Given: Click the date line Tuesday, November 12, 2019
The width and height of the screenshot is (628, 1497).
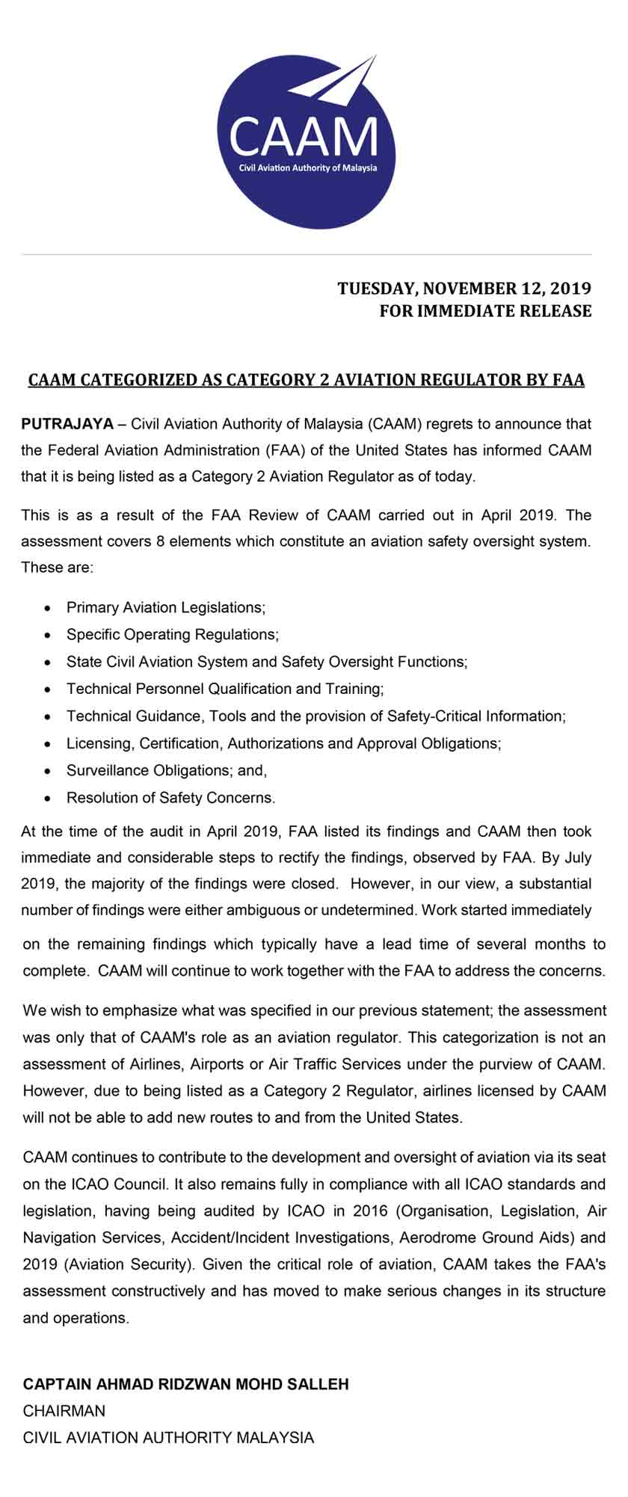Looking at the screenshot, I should [464, 288].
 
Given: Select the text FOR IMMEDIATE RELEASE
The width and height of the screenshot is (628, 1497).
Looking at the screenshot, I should [485, 311].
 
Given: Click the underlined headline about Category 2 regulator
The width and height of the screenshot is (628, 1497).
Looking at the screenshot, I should [306, 380].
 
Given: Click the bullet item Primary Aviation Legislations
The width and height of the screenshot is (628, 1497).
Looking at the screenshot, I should [166, 607].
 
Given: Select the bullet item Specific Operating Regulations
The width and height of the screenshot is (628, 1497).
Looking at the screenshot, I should [172, 634].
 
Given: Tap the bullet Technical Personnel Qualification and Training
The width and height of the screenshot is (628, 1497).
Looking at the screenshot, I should [225, 689].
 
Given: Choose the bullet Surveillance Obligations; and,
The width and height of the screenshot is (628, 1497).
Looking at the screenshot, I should [167, 770].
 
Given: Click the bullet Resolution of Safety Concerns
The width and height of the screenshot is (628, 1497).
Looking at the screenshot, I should [170, 798].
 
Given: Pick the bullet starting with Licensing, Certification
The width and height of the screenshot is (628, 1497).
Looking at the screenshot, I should [283, 743].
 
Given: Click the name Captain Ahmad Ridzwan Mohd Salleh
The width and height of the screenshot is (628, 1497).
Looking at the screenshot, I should [185, 1384].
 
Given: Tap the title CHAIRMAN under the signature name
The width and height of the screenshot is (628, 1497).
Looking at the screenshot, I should [64, 1411].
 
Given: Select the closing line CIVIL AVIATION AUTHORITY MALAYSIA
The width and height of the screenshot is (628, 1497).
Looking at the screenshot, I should [168, 1437].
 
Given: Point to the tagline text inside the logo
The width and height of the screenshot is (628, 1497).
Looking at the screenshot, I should [307, 167].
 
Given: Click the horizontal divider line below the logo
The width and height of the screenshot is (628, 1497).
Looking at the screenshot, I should [307, 255].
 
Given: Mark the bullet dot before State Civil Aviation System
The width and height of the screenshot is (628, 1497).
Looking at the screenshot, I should [48, 663].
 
